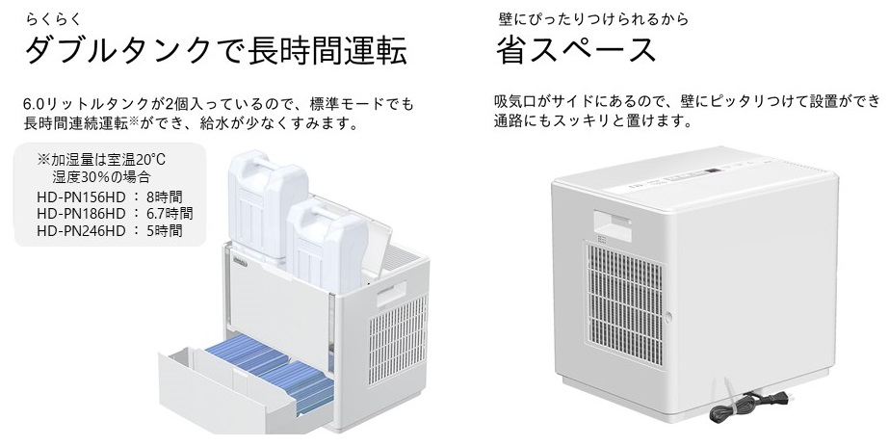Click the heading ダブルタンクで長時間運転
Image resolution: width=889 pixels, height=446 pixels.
216,51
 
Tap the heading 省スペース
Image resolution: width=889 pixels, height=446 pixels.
575,50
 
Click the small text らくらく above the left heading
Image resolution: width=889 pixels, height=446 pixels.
53,18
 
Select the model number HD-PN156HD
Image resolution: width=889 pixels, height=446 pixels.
81,197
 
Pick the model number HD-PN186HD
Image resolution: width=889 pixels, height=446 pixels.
81,214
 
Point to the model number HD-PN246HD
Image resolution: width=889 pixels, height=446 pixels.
81,230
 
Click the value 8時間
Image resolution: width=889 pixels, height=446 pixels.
165,197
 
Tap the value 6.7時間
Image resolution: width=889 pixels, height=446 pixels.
170,214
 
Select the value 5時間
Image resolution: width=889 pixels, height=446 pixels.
165,230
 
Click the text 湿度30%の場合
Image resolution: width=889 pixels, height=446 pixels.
101,176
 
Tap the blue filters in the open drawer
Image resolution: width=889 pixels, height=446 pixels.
273,368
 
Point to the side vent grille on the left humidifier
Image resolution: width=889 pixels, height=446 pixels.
398,343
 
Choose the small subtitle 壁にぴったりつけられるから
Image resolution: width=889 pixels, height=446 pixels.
593,19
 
